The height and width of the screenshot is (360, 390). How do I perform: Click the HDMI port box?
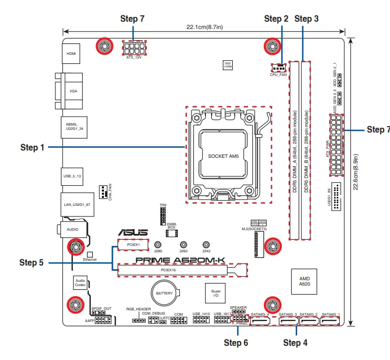pos(71,54)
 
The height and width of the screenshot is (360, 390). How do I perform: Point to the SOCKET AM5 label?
pos(224,156)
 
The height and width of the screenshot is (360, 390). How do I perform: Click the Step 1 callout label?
pos(32,148)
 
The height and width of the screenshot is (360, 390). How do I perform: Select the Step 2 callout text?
pos(275,19)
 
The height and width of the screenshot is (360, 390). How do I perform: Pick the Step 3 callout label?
pos(306,19)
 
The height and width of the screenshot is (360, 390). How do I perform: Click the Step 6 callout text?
pos(235,343)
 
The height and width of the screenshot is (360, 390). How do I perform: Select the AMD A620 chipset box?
pos(305,281)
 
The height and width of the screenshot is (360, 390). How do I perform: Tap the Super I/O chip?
pos(216,293)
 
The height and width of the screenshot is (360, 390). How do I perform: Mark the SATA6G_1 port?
pos(330,320)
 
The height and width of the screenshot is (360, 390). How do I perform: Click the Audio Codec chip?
pos(80,282)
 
